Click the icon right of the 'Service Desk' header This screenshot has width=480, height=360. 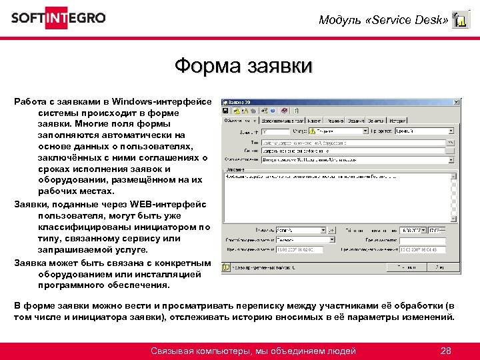(460, 21)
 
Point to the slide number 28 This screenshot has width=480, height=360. (447, 351)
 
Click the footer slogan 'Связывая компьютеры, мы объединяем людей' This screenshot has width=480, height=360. (253, 351)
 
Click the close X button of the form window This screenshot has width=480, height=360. (457, 102)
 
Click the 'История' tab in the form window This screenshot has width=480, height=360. (398, 121)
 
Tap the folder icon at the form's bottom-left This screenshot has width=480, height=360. (226, 268)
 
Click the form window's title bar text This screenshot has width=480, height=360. (239, 102)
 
